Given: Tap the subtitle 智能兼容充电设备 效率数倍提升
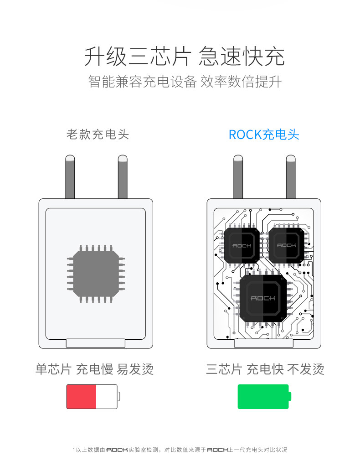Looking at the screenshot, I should [x=185, y=82].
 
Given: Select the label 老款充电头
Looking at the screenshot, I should [x=98, y=135].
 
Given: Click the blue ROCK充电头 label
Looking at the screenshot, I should [x=264, y=135].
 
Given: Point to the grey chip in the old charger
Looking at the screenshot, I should [x=96, y=273].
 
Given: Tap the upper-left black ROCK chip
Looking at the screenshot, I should [x=242, y=244].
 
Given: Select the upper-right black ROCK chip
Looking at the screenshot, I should [x=286, y=244].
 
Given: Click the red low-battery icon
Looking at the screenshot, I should [x=92, y=396].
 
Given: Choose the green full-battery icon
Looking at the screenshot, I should [x=264, y=396].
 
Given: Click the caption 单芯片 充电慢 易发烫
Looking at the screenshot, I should [x=95, y=369].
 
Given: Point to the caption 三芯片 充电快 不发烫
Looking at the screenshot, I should [x=265, y=369].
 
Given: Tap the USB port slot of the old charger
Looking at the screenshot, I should [x=96, y=343].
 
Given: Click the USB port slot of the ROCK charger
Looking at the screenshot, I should [x=264, y=343].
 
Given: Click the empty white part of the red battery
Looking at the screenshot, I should [x=106, y=396].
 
